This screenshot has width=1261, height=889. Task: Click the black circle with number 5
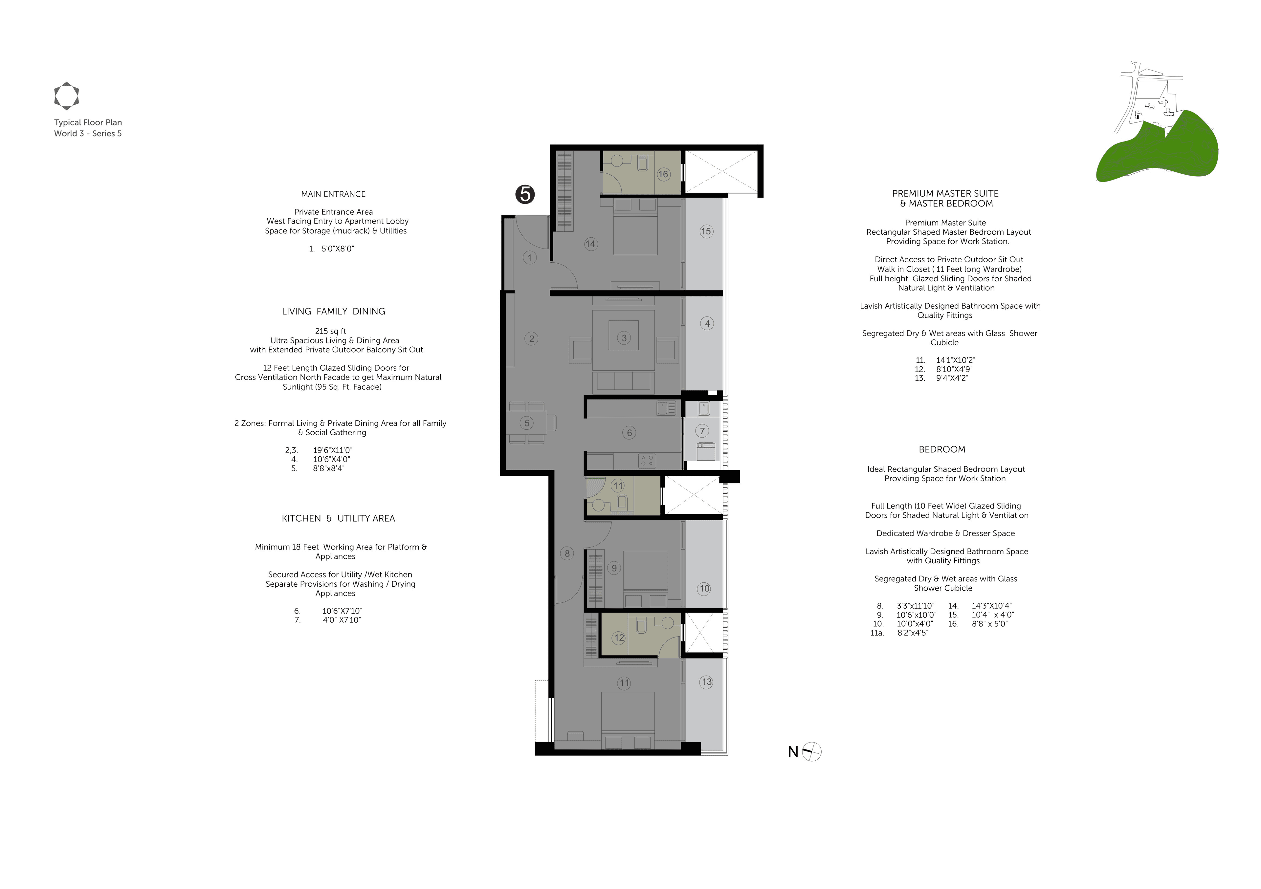pos(525,194)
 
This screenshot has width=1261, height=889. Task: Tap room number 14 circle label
pos(590,244)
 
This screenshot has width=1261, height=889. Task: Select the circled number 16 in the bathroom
pos(663,174)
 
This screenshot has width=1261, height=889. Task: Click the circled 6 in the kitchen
pos(630,433)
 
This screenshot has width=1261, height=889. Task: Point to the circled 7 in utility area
pos(702,431)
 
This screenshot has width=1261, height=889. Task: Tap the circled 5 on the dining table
pos(527,423)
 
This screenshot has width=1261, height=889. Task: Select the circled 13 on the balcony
pos(706,682)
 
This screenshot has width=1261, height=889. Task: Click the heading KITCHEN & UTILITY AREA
pos(338,518)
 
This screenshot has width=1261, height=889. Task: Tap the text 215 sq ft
pos(331,331)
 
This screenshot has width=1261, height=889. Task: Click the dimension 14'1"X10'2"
pos(956,360)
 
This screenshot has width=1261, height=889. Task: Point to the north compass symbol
pos(811,752)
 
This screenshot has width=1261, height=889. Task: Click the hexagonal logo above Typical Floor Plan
pos(66,96)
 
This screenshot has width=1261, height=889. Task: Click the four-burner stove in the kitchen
pos(647,460)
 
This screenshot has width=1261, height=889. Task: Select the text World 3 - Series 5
pos(88,133)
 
